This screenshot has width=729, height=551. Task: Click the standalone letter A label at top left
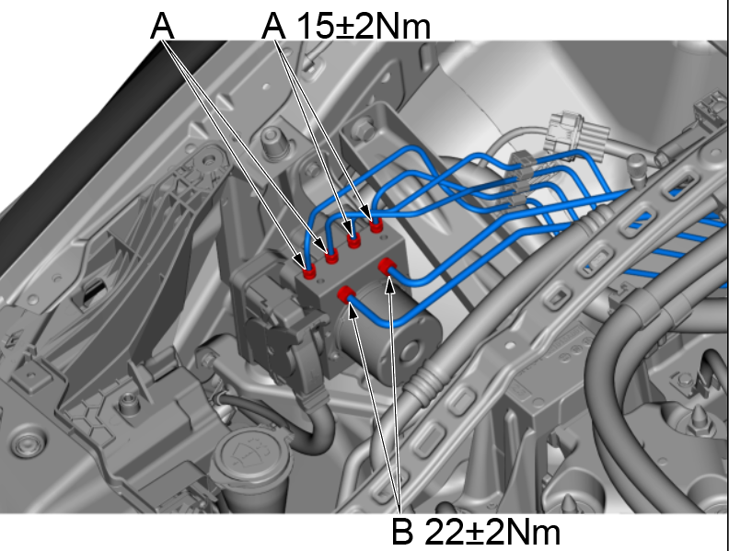(162, 27)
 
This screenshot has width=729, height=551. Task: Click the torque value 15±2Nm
(364, 27)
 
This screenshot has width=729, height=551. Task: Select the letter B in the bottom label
(401, 532)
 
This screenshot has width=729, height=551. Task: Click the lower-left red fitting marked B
(347, 294)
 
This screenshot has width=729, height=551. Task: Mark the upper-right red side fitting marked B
(387, 268)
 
